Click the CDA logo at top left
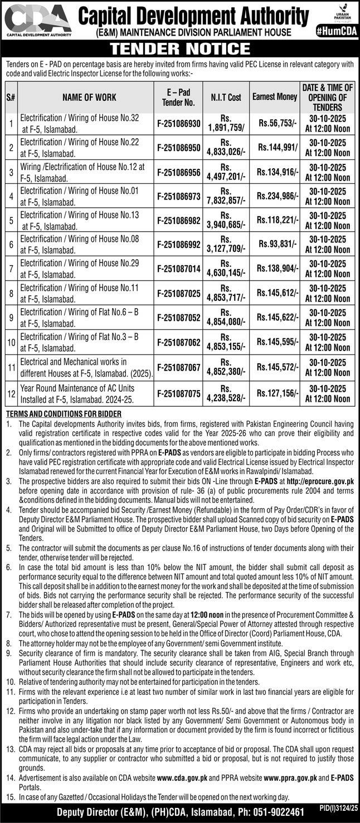(x=37, y=20)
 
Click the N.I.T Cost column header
(x=226, y=98)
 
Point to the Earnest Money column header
(x=275, y=97)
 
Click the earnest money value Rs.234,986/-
(x=278, y=196)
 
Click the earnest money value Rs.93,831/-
(x=278, y=245)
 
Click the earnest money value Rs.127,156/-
(x=278, y=393)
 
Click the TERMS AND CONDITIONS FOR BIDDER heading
(x=64, y=413)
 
